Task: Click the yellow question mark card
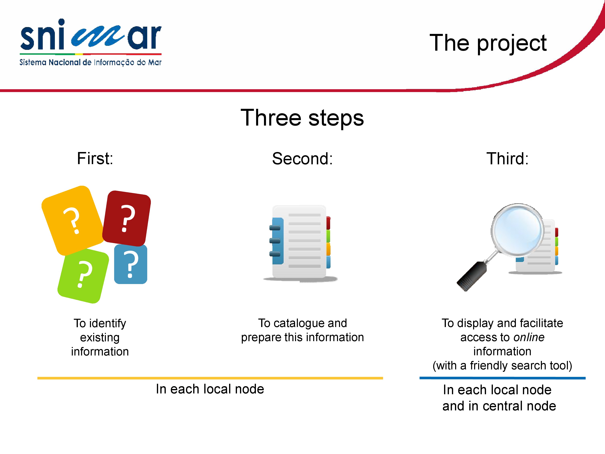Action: coord(72,220)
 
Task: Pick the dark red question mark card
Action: coord(127,218)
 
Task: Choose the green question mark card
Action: coord(83,276)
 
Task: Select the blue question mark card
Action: coord(131,264)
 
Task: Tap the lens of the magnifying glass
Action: coord(517,230)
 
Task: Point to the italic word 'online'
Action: coord(529,337)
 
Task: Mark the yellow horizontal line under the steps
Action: coord(210,378)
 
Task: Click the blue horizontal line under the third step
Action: coord(502,378)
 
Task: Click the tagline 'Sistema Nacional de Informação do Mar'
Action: coord(91,62)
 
